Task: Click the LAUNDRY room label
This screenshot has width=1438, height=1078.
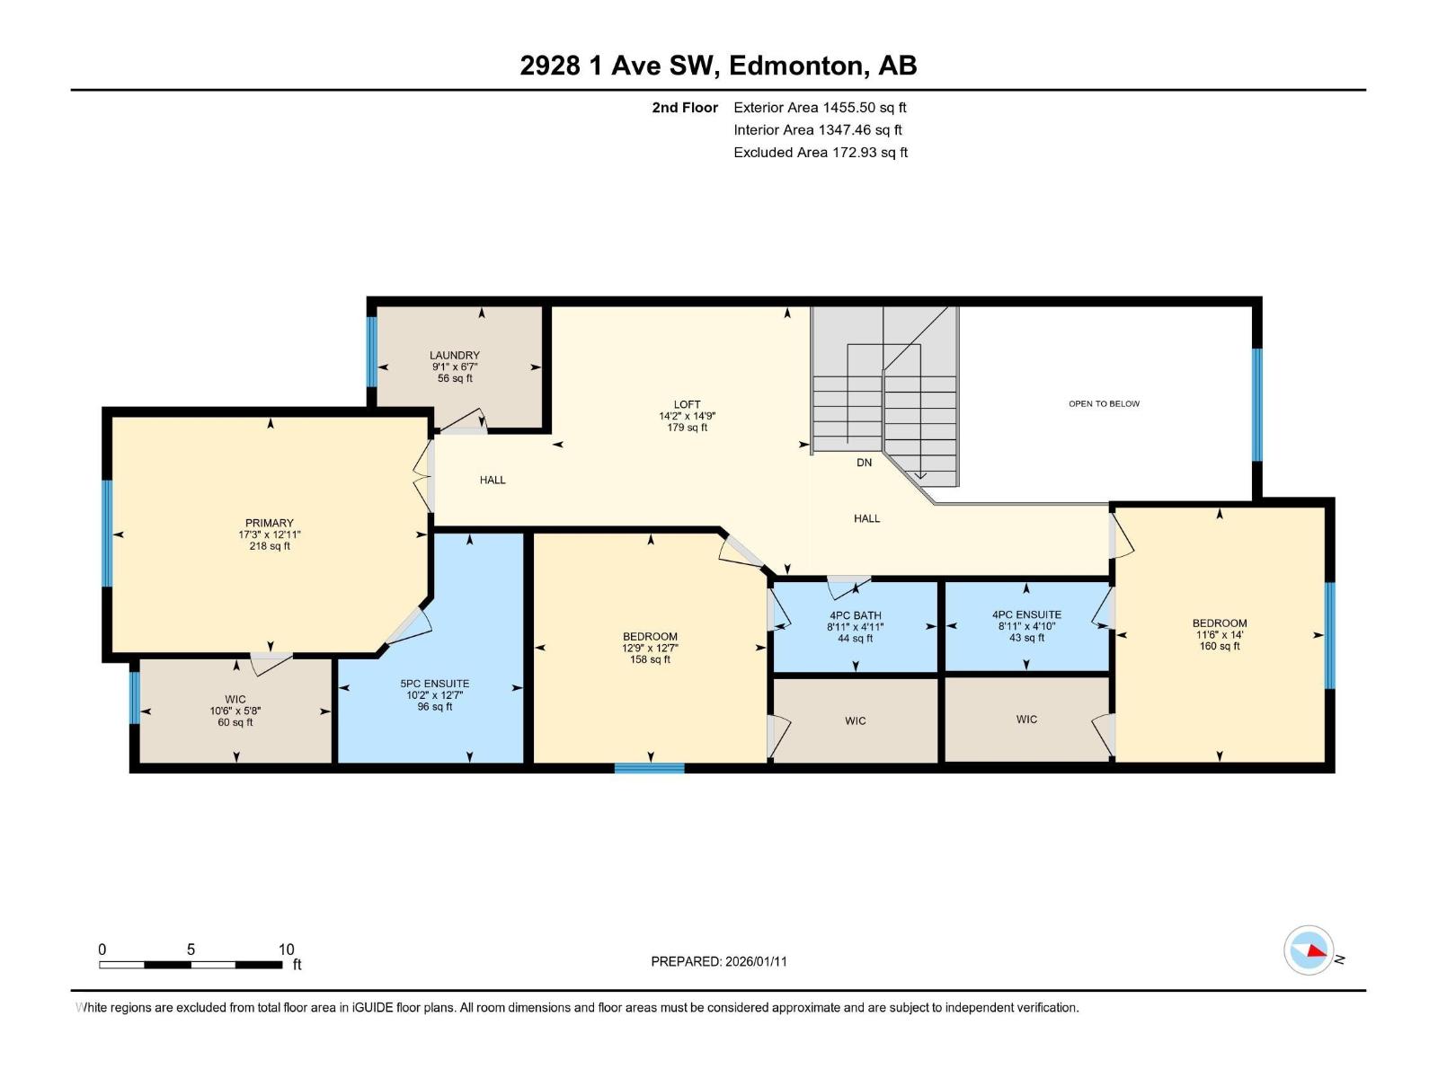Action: coord(454,356)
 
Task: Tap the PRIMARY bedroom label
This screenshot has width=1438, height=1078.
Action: coord(270,523)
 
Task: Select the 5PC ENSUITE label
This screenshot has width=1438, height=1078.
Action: coord(434,684)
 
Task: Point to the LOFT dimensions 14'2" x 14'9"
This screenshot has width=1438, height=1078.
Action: coord(687,416)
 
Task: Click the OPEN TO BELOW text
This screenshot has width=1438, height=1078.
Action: coord(1104,404)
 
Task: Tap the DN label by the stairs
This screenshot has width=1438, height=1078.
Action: coord(864,463)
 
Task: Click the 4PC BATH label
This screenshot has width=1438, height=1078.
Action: coord(855,615)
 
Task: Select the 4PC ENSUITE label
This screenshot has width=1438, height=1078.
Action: coord(1026,614)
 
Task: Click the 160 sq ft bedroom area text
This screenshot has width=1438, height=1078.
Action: coord(1219,646)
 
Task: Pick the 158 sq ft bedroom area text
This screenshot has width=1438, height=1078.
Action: coord(650,659)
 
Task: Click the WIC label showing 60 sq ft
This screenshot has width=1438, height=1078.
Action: coord(235,699)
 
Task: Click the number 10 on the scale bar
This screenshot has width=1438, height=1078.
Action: coord(286,950)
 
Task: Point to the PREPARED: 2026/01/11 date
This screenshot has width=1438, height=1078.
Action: coord(718,961)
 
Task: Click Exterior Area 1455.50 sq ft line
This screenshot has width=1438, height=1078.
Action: coord(820,108)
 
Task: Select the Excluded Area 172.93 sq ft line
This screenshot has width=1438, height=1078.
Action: coord(820,153)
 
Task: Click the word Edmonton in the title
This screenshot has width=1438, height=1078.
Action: coord(795,66)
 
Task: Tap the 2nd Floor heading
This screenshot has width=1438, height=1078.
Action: coord(685,108)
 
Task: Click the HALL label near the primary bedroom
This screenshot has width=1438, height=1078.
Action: coord(493,480)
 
